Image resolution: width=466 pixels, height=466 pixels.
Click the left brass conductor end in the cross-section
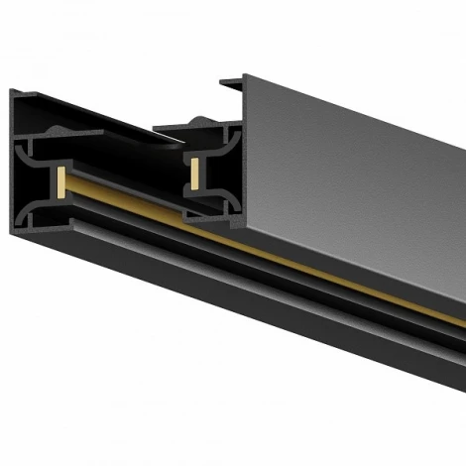(61, 182)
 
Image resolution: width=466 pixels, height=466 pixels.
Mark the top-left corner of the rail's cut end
(13, 91)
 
